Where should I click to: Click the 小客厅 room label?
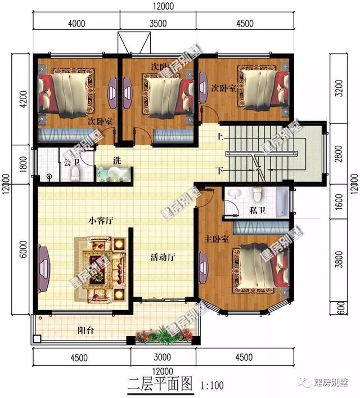coord(101,221)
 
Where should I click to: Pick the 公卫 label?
coord(70,162)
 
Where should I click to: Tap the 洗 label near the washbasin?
coord(116,160)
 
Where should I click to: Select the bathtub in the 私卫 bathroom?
coord(281,197)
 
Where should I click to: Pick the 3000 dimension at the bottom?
coord(163,358)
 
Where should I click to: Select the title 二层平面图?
coord(160,386)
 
